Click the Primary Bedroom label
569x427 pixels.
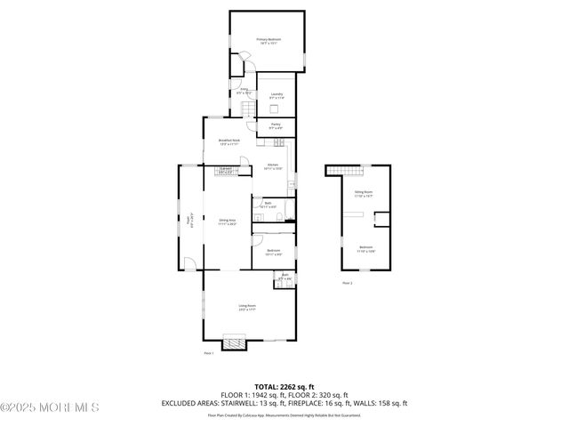268,41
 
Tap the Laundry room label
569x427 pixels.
276,95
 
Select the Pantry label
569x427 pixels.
276,125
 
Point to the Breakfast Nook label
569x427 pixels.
229,141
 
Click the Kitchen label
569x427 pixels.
272,165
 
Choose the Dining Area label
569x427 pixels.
227,222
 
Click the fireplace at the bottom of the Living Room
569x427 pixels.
233,342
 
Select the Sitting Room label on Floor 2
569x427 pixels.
364,193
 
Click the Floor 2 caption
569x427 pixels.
347,283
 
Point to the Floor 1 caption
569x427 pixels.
209,353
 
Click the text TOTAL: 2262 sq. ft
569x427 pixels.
284,387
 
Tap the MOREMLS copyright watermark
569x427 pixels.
50,407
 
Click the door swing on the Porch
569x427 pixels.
188,262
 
